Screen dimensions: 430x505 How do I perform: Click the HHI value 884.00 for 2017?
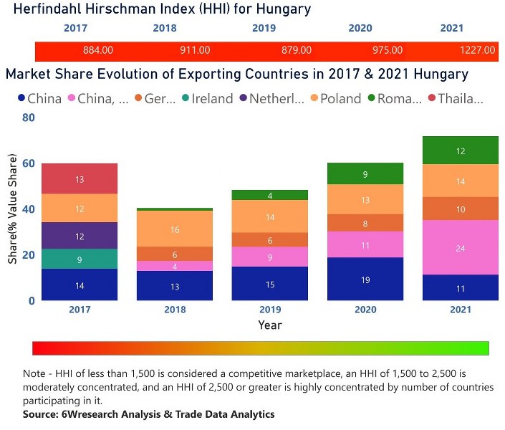point(98,51)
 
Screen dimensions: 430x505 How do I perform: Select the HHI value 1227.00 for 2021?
point(477,51)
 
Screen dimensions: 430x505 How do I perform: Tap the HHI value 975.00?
point(387,51)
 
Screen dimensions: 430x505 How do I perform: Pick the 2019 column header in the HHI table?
point(264,29)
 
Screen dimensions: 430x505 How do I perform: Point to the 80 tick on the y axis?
point(28,118)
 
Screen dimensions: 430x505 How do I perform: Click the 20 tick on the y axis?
point(28,255)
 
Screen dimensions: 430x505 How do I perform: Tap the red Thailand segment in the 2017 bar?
point(80,178)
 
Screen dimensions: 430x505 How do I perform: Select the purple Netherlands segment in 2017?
point(80,236)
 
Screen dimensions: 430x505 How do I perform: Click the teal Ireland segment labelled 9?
point(80,259)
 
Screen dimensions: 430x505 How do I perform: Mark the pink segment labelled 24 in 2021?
point(461,247)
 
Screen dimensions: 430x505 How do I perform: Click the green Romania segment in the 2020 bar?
point(365,173)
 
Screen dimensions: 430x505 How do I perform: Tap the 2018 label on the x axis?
point(175,310)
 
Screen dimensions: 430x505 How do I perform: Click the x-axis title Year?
point(270,325)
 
